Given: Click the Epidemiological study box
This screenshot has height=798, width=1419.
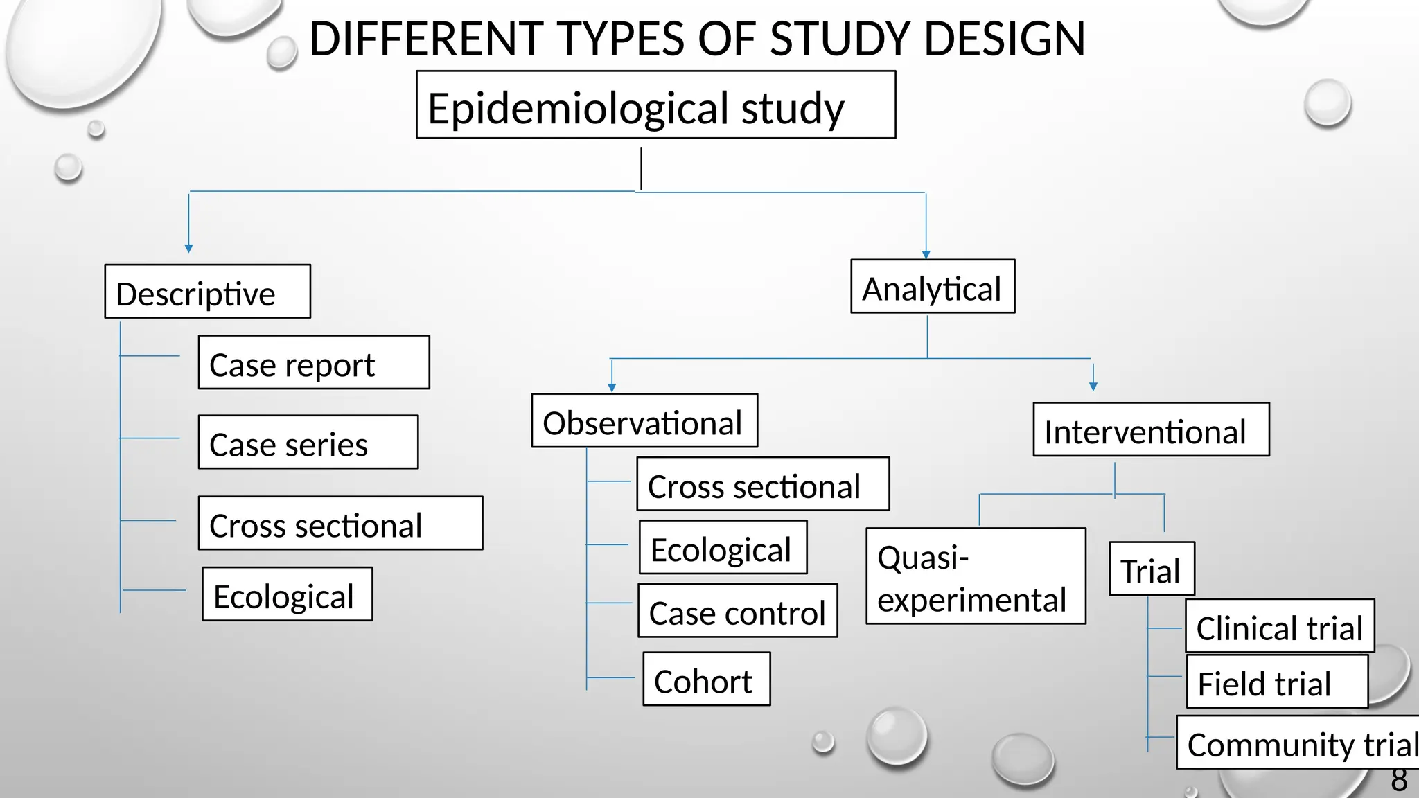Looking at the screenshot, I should click(655, 105).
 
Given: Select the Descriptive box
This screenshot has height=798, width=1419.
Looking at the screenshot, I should click(207, 292).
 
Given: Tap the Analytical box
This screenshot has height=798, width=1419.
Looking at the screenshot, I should click(933, 287).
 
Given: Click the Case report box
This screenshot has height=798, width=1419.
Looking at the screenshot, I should click(314, 363).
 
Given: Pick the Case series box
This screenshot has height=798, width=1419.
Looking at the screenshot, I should click(308, 443).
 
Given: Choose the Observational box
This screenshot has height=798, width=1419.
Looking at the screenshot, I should click(644, 421).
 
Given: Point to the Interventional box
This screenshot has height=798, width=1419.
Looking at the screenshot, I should click(1151, 430).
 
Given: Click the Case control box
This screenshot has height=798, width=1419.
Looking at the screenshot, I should click(737, 611).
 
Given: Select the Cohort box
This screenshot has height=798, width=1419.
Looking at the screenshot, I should click(706, 680).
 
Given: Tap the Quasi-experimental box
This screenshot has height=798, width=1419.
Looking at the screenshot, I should click(976, 576).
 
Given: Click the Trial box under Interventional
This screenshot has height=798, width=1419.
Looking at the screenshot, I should click(1152, 569).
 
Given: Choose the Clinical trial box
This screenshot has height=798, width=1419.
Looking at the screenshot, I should click(1280, 626).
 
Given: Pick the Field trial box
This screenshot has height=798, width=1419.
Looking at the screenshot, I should click(1277, 682).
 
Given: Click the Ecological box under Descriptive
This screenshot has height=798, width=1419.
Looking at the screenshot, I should click(287, 594).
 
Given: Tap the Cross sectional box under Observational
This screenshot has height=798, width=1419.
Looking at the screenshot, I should click(763, 484).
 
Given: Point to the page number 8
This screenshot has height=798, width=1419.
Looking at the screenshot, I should click(1399, 781).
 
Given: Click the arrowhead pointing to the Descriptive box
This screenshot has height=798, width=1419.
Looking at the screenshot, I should click(188, 248).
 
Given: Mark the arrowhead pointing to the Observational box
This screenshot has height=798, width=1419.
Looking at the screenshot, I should click(612, 388).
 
